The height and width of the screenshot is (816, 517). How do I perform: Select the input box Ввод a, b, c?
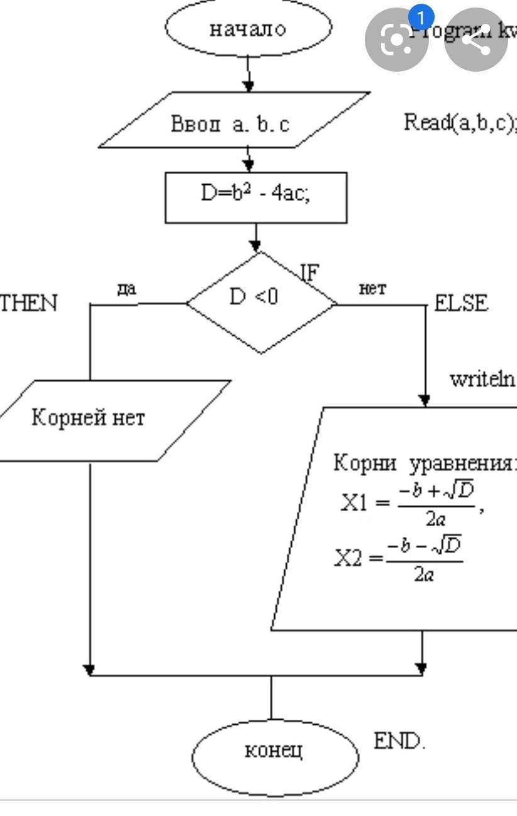pyautogui.click(x=233, y=123)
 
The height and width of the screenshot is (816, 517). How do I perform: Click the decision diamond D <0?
pyautogui.click(x=261, y=301)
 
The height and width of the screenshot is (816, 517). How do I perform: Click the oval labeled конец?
pyautogui.click(x=274, y=750)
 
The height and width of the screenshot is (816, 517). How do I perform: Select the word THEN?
pyautogui.click(x=29, y=304)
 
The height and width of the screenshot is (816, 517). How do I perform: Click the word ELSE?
pyautogui.click(x=461, y=304)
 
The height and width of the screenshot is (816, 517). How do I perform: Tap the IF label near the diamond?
pyautogui.click(x=309, y=272)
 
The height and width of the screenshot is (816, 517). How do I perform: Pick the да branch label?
pyautogui.click(x=127, y=289)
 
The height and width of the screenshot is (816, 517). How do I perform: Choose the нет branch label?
pyautogui.click(x=372, y=289)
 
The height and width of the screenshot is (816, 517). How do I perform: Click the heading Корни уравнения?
pyautogui.click(x=422, y=464)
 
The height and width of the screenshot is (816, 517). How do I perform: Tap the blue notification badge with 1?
pyautogui.click(x=421, y=17)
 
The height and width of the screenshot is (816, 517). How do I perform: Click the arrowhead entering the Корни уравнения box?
pyautogui.click(x=425, y=400)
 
